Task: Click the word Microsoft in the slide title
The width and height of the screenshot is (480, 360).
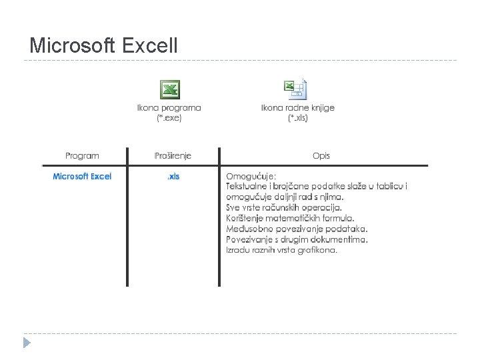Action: point(73,46)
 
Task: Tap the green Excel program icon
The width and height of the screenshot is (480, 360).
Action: point(169,89)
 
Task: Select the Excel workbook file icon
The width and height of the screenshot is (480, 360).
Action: point(295,89)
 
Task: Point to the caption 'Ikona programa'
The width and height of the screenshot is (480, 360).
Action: point(169,107)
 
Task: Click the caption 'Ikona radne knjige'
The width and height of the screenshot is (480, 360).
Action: point(298,107)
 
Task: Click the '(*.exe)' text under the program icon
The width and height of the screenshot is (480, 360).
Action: point(169,117)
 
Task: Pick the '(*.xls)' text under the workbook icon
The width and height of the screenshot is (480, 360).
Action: point(298,117)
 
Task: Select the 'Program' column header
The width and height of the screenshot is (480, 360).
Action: point(82,155)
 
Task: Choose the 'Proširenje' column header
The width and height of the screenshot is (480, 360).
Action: point(173,155)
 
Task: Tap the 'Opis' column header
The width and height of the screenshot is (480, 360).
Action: point(321,155)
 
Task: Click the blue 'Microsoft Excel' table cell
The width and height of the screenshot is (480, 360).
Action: point(82,176)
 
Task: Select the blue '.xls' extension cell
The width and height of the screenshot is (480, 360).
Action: point(173,176)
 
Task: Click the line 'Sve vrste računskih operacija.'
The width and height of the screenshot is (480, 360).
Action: point(283,207)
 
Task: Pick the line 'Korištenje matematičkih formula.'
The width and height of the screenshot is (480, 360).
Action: point(290,218)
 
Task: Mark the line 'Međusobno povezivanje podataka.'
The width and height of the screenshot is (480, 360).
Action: point(297,229)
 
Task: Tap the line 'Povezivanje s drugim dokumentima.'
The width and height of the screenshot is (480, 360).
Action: point(297,239)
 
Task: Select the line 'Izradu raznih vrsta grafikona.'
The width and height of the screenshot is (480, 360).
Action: point(281,250)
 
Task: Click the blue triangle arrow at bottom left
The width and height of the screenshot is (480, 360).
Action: point(26,343)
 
